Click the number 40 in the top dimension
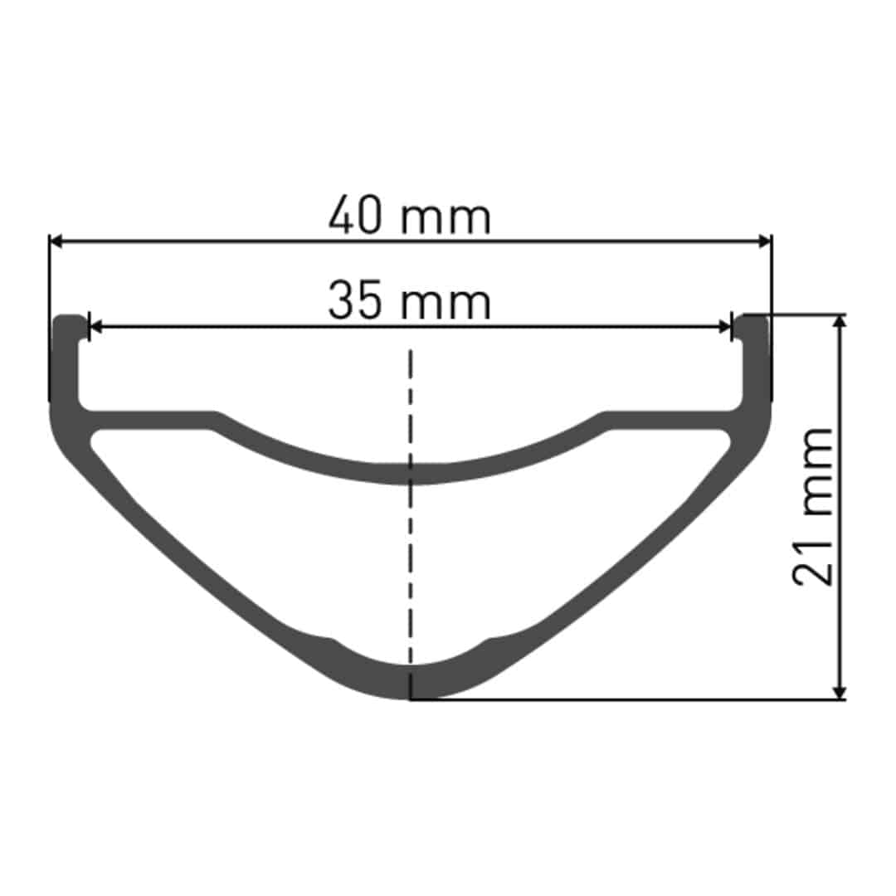pos(356,217)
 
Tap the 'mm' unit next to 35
pos(446,304)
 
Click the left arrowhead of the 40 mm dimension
pos(56,241)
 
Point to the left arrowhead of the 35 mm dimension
pos(95,328)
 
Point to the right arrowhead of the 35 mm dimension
pos(725,328)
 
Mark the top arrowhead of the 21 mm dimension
pos(840,322)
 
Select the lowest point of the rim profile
pos(410,698)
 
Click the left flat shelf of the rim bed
pos(149,419)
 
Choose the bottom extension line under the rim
pos(631,699)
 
